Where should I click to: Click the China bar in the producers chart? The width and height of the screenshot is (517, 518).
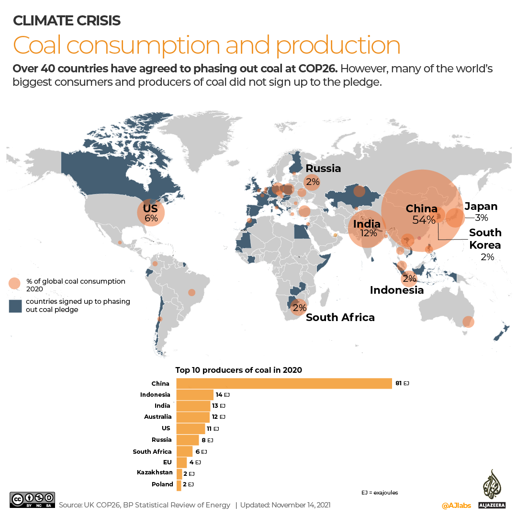[x=284, y=383]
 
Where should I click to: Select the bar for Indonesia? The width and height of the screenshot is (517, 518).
[x=195, y=394]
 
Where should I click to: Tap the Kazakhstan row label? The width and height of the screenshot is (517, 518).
[x=155, y=473]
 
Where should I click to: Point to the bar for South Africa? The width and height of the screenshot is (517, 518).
[x=184, y=451]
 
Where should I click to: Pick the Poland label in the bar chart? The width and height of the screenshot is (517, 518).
[x=162, y=484]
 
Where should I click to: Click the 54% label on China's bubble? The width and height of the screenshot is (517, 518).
[x=424, y=220]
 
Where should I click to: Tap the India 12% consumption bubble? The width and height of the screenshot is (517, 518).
[x=367, y=229]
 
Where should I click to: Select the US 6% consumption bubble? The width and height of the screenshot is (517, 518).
[x=151, y=213]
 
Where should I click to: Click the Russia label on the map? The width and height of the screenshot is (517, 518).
[x=323, y=168]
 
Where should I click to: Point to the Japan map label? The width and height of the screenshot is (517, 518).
[x=481, y=207]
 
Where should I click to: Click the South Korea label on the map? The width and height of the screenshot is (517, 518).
[x=485, y=239]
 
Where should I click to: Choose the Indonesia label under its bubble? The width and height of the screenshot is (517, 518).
[x=396, y=290]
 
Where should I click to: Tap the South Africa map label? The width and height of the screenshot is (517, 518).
[x=340, y=317]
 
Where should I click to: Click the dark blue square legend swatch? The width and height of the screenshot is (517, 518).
[x=15, y=306]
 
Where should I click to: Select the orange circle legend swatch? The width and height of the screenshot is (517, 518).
[x=15, y=284]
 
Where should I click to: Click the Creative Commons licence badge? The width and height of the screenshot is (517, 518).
[x=32, y=500]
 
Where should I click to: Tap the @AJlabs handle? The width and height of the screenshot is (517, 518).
[x=455, y=506]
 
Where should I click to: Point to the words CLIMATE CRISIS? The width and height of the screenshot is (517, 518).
[x=67, y=21]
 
